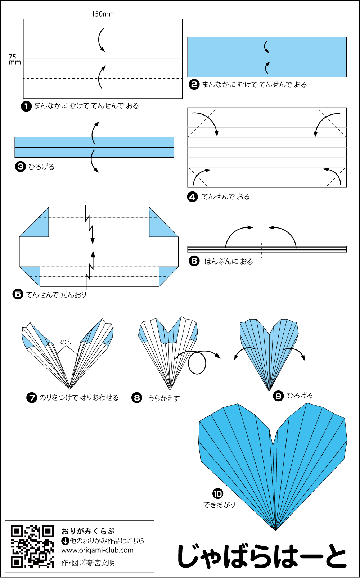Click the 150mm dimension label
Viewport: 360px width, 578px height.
(103, 14)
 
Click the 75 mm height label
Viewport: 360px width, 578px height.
(14, 59)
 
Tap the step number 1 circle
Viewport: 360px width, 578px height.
(26, 106)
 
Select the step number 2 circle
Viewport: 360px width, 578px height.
(194, 85)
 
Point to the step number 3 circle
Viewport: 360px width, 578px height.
(20, 167)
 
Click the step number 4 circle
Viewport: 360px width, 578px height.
(193, 197)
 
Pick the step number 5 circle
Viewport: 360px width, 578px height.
(18, 294)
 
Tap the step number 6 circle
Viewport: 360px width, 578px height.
(194, 261)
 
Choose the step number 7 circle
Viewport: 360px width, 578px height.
(32, 398)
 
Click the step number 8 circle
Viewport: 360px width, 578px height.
(137, 398)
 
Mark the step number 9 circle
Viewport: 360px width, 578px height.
(278, 396)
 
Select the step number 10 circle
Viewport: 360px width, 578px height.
(217, 494)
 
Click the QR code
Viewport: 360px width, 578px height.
(32, 546)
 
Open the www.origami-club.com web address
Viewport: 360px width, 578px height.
(97, 550)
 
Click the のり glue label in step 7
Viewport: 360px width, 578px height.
(66, 342)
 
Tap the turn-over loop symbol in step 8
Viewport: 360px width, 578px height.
(197, 363)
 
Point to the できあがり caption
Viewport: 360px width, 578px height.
(219, 505)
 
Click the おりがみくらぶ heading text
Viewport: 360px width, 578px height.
(88, 531)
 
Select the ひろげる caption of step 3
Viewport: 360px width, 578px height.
(41, 167)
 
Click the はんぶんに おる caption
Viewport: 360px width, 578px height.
(229, 261)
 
